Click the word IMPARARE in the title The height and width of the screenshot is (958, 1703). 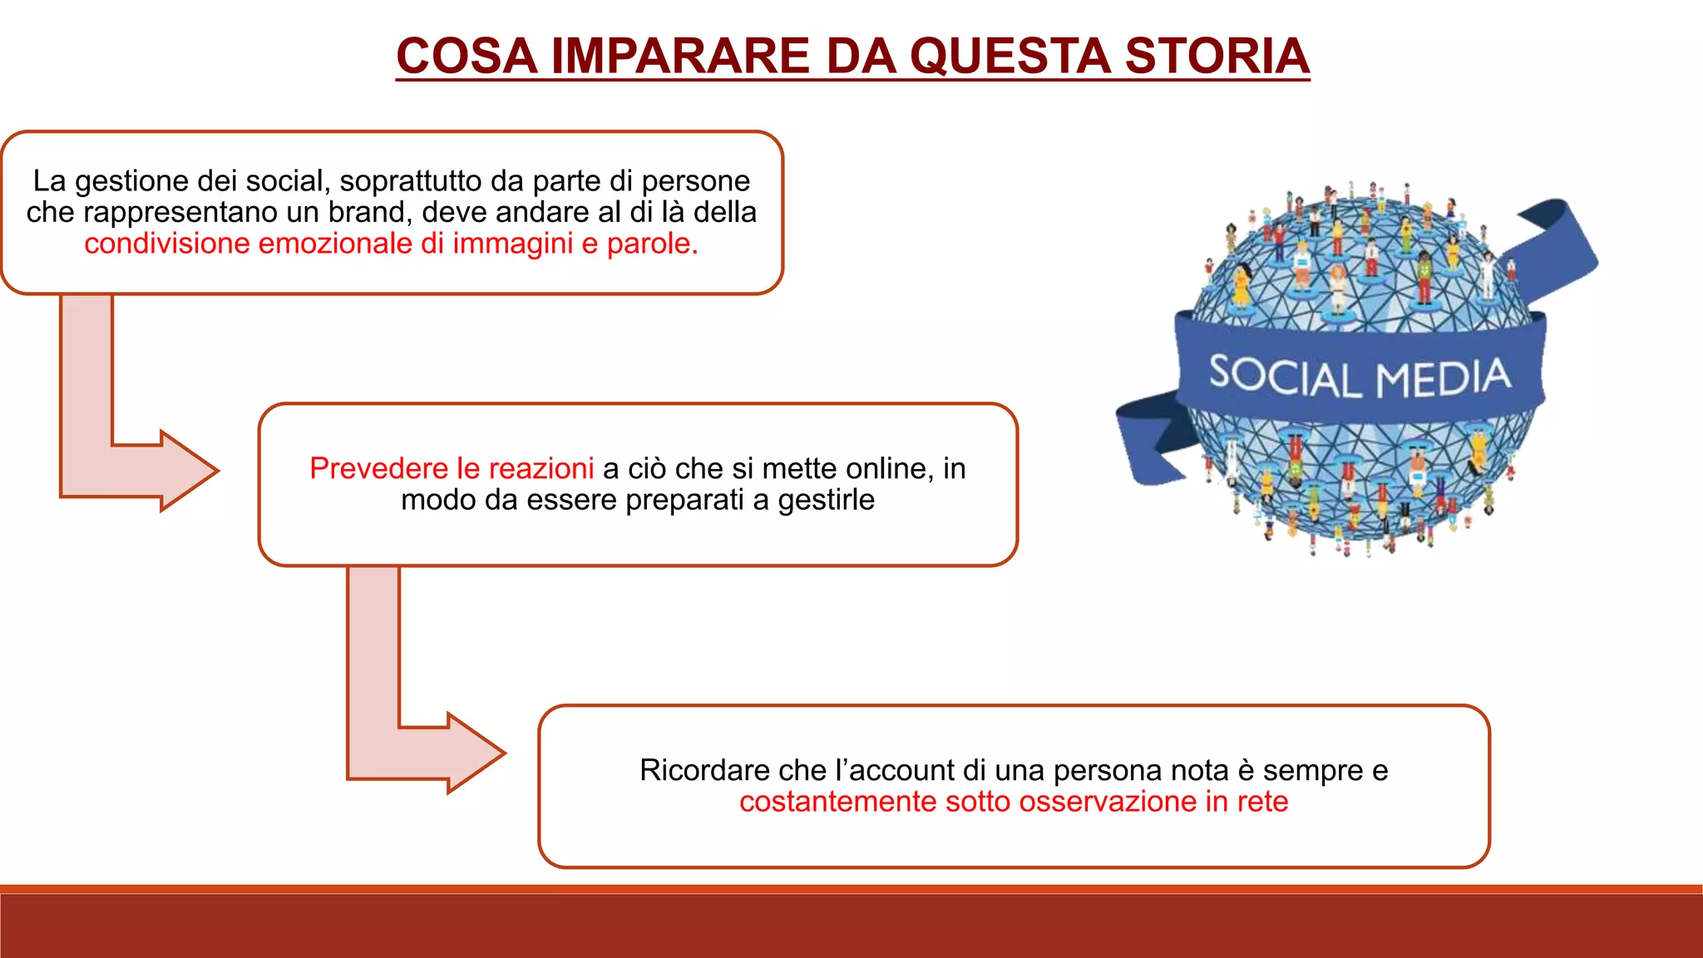pyautogui.click(x=680, y=57)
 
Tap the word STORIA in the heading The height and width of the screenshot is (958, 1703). pyautogui.click(x=1217, y=57)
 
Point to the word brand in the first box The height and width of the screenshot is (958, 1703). pyautogui.click(x=370, y=212)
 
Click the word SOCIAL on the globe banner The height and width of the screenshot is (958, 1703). pyautogui.click(x=1285, y=376)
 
